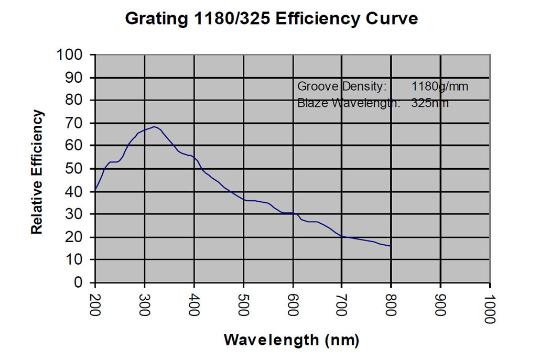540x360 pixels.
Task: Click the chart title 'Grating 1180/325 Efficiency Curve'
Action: point(271,18)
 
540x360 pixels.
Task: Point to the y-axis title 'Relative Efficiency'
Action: point(36,172)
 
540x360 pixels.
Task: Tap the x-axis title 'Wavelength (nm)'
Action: point(291,340)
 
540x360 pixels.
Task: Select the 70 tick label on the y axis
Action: point(76,123)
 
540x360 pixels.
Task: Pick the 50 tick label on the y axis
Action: point(76,169)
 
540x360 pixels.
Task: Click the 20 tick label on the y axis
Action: point(76,237)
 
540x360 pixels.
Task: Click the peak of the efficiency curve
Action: point(154,127)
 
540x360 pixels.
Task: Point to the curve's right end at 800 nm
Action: point(391,246)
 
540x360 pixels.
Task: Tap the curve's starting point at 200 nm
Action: point(95,190)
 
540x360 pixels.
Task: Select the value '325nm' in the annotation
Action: point(430,103)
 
